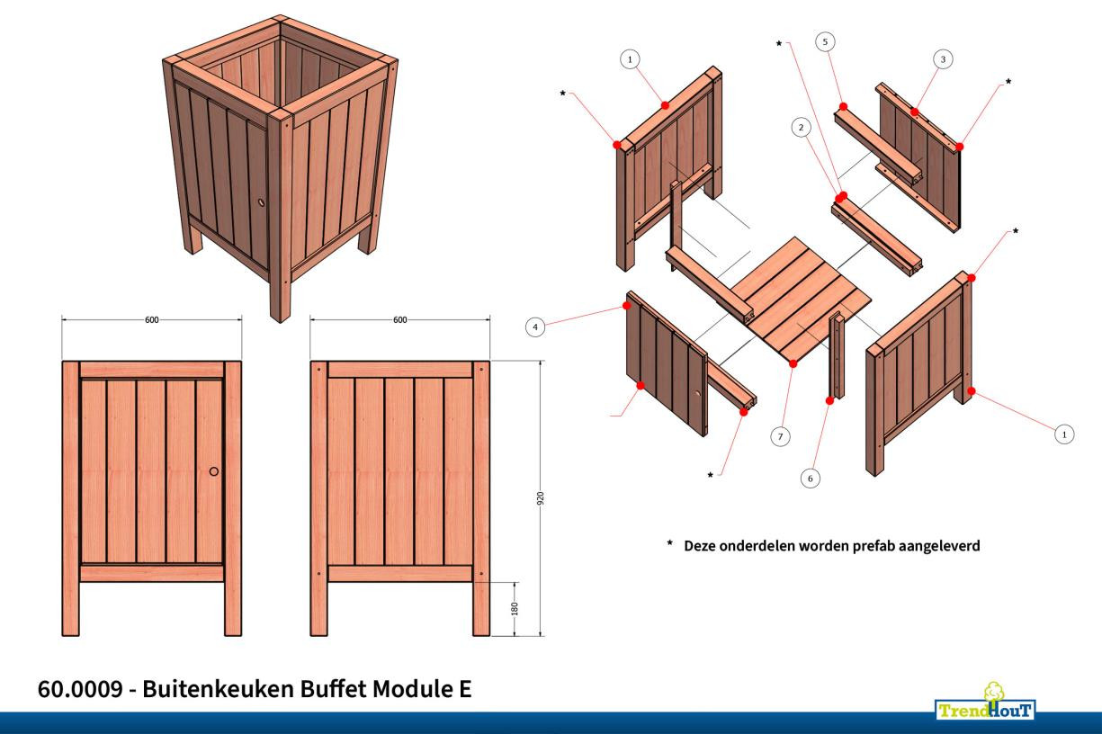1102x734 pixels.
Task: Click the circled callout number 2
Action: (x=799, y=129)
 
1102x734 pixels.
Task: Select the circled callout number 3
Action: (x=942, y=59)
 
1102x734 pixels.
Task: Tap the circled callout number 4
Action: (x=535, y=328)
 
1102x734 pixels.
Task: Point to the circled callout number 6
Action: (x=810, y=479)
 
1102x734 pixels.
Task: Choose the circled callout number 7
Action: (x=780, y=436)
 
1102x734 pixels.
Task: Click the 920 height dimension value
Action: (x=541, y=499)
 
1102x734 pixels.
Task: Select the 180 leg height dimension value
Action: (x=514, y=608)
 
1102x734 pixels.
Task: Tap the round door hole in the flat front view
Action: (x=214, y=471)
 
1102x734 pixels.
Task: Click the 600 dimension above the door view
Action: (x=151, y=319)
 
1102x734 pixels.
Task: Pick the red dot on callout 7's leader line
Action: (x=793, y=364)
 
